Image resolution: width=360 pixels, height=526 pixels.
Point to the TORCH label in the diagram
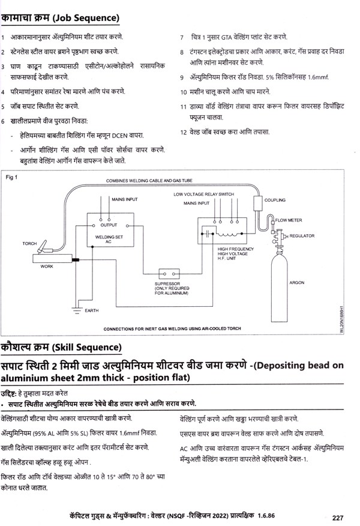point(29,244)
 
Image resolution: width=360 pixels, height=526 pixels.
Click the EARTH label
point(92,310)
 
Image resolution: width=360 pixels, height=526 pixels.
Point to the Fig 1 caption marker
point(12,178)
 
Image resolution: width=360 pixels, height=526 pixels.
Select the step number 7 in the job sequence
point(182,38)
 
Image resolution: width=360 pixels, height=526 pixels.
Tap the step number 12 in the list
point(184,131)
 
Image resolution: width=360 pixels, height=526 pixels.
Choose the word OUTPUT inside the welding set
point(108,225)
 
